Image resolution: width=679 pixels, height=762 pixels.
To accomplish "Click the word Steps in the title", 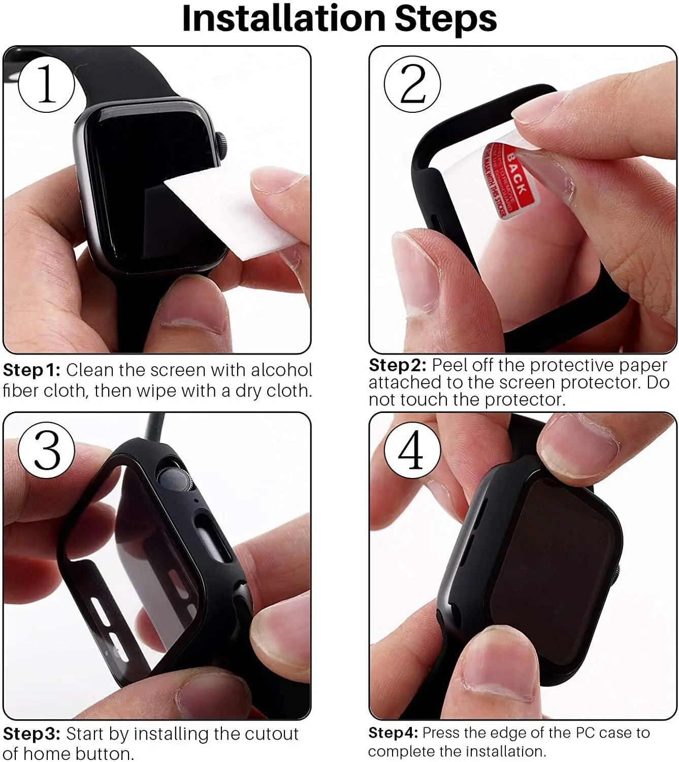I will pyautogui.click(x=445, y=19).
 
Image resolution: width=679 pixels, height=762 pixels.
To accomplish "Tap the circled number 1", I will pyautogui.click(x=46, y=84).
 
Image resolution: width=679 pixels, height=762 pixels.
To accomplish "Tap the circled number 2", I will pyautogui.click(x=412, y=84).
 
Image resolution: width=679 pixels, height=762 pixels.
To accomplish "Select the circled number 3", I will pyautogui.click(x=46, y=450).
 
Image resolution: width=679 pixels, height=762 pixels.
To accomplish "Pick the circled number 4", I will pyautogui.click(x=411, y=450).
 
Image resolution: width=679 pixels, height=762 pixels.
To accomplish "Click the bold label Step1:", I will pyautogui.click(x=31, y=370).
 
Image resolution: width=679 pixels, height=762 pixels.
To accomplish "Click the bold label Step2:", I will pyautogui.click(x=397, y=365).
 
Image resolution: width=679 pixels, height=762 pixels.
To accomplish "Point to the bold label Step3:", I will pyautogui.click(x=31, y=734).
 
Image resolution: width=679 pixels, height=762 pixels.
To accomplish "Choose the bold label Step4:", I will pyautogui.click(x=393, y=733).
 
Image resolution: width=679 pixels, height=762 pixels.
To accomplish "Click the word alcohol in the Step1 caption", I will pyautogui.click(x=281, y=370).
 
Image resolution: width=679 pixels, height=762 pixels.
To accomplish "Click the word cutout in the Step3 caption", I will pyautogui.click(x=272, y=734).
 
